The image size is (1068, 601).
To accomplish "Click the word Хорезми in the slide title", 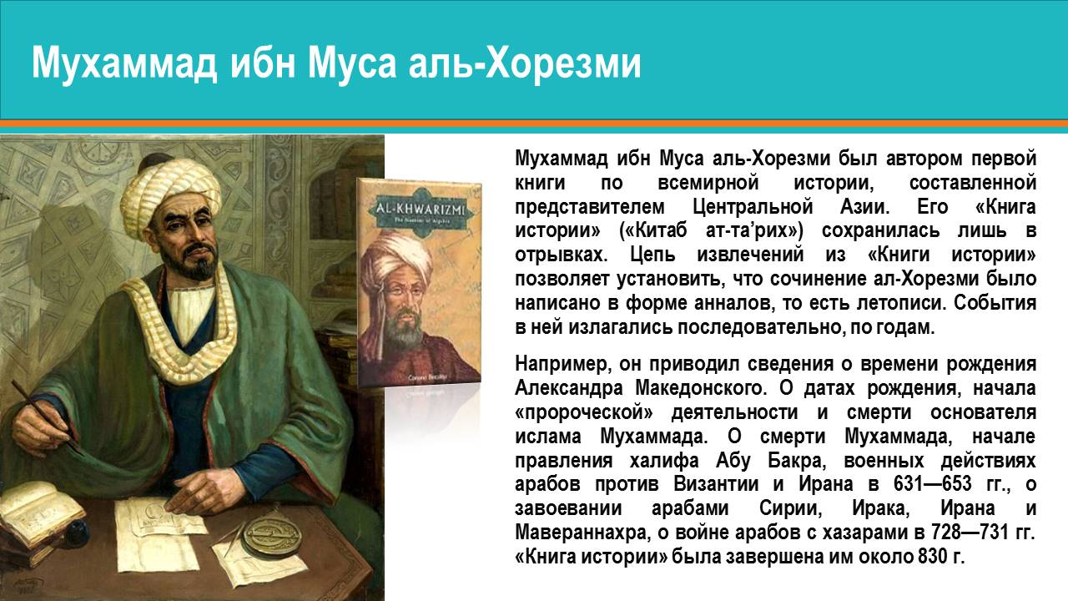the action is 562,64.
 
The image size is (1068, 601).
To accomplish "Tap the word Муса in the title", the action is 352,64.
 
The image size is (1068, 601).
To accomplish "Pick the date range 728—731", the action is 960,533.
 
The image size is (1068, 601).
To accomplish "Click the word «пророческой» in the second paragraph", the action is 583,412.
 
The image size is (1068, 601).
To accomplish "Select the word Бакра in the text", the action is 796,461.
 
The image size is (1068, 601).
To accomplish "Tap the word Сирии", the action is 791,508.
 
